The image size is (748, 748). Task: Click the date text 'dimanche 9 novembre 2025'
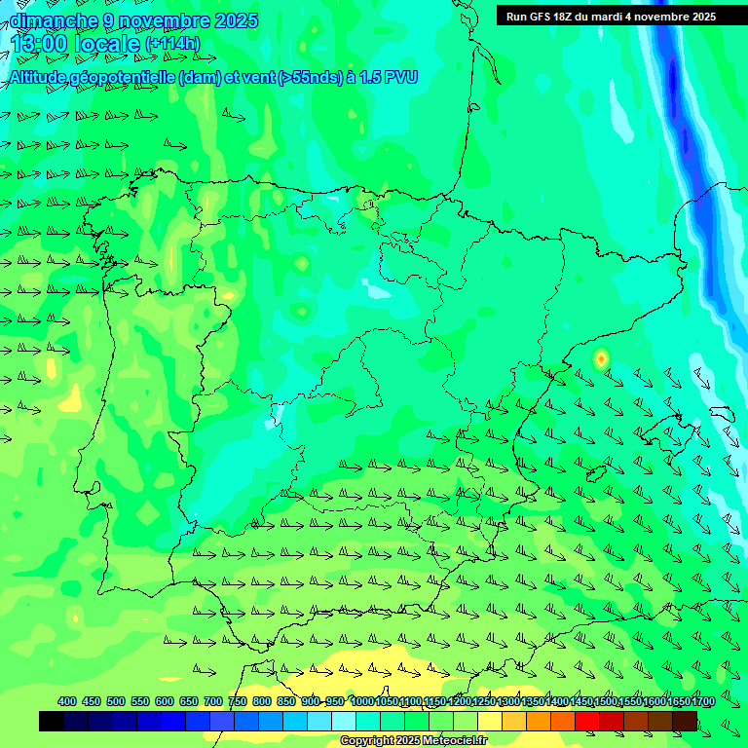(133, 20)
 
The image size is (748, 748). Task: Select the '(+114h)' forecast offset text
(172, 43)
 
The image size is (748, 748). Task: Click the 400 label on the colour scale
(67, 701)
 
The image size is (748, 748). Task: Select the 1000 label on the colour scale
(362, 701)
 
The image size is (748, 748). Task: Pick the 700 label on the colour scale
(213, 701)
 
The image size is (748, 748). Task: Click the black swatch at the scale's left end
(52, 721)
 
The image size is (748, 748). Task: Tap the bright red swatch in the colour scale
(587, 721)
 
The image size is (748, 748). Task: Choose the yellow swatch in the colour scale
(490, 721)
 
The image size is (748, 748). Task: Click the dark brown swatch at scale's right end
(685, 721)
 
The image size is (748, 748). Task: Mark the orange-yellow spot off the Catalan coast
(601, 358)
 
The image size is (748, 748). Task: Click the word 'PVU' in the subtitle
(401, 77)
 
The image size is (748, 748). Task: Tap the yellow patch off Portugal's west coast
(71, 398)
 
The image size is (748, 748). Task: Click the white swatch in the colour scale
(344, 721)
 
